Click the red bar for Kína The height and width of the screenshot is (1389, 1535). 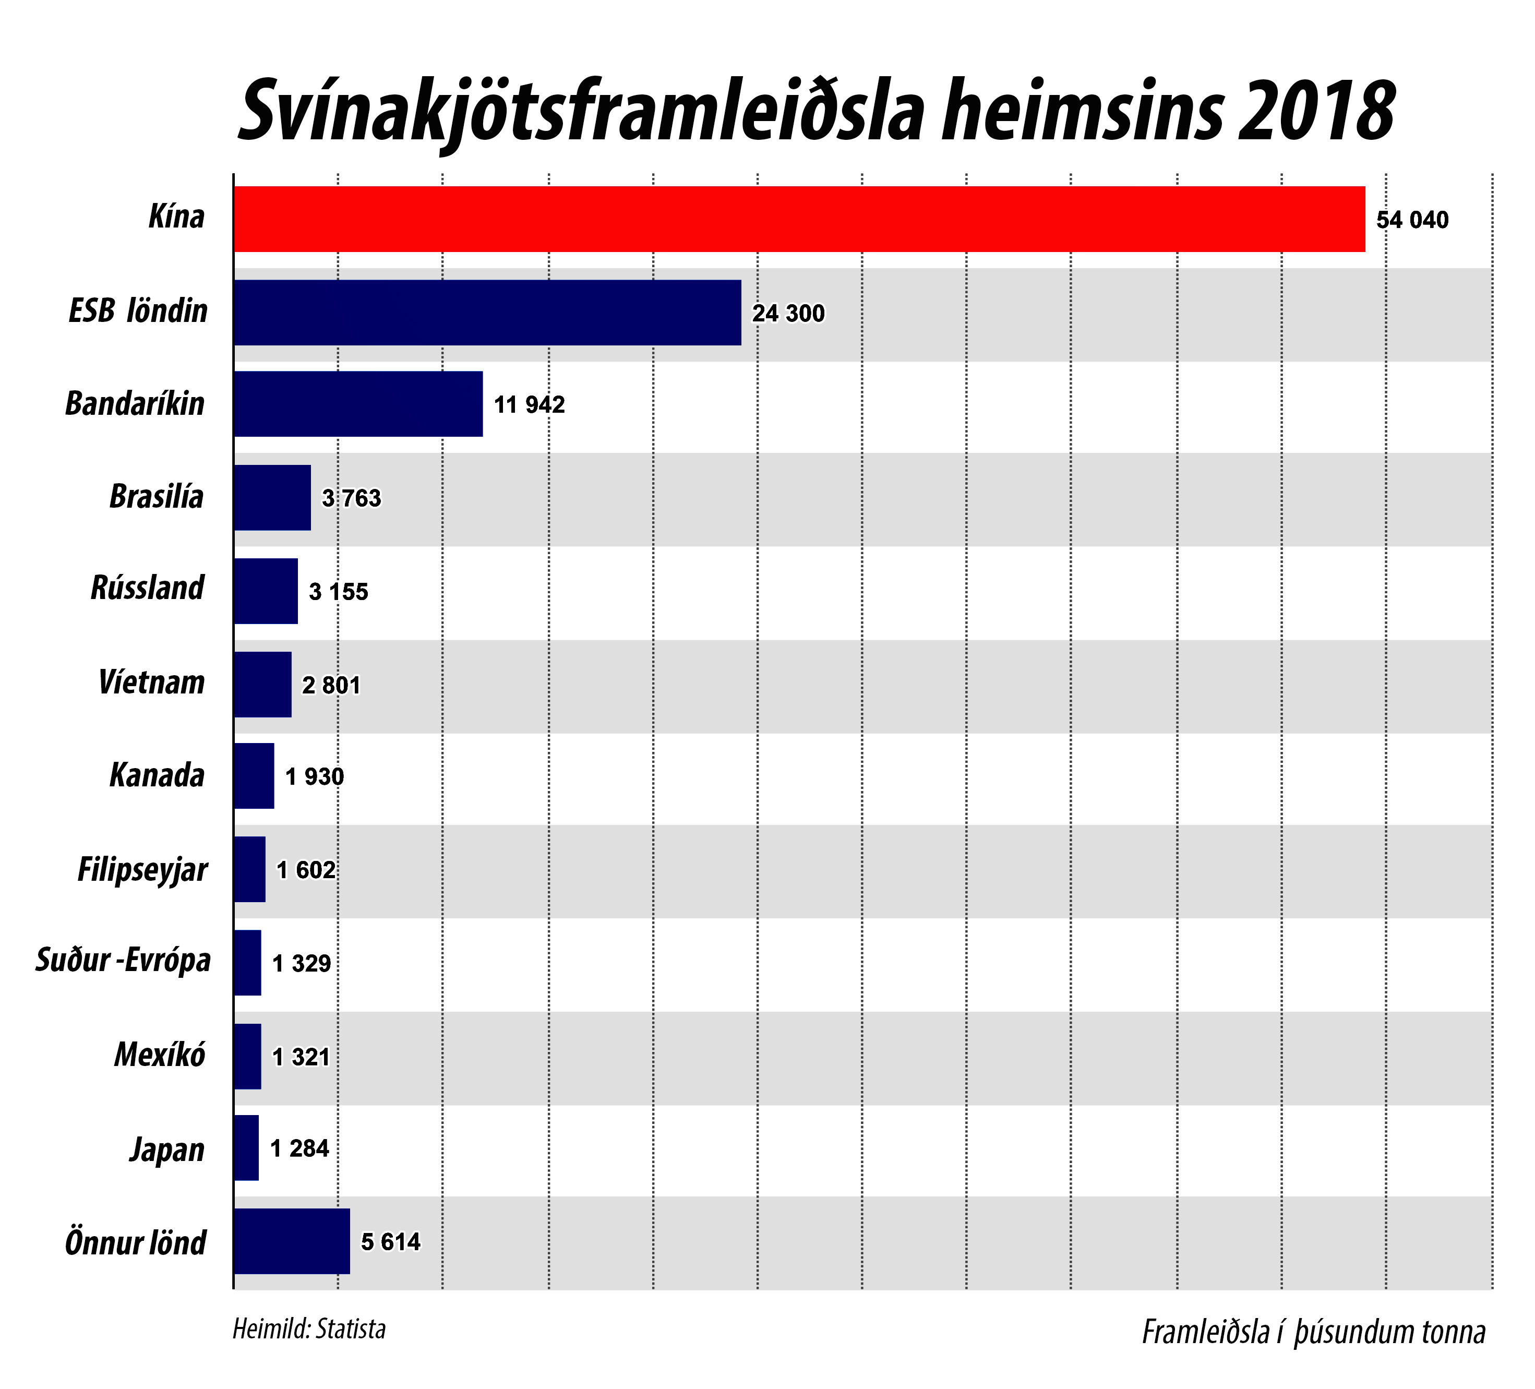pyautogui.click(x=799, y=219)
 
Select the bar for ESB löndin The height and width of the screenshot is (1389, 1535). pyautogui.click(x=487, y=312)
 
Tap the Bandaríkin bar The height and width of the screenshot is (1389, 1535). pyautogui.click(x=358, y=403)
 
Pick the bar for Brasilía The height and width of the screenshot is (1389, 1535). pyautogui.click(x=272, y=497)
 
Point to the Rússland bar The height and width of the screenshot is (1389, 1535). pyautogui.click(x=265, y=591)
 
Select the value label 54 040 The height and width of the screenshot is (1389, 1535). pyautogui.click(x=1412, y=220)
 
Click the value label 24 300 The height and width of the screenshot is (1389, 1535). pyautogui.click(x=788, y=313)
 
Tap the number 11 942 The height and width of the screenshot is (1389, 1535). pyautogui.click(x=529, y=404)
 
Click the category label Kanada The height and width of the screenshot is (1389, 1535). pyautogui.click(x=157, y=775)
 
